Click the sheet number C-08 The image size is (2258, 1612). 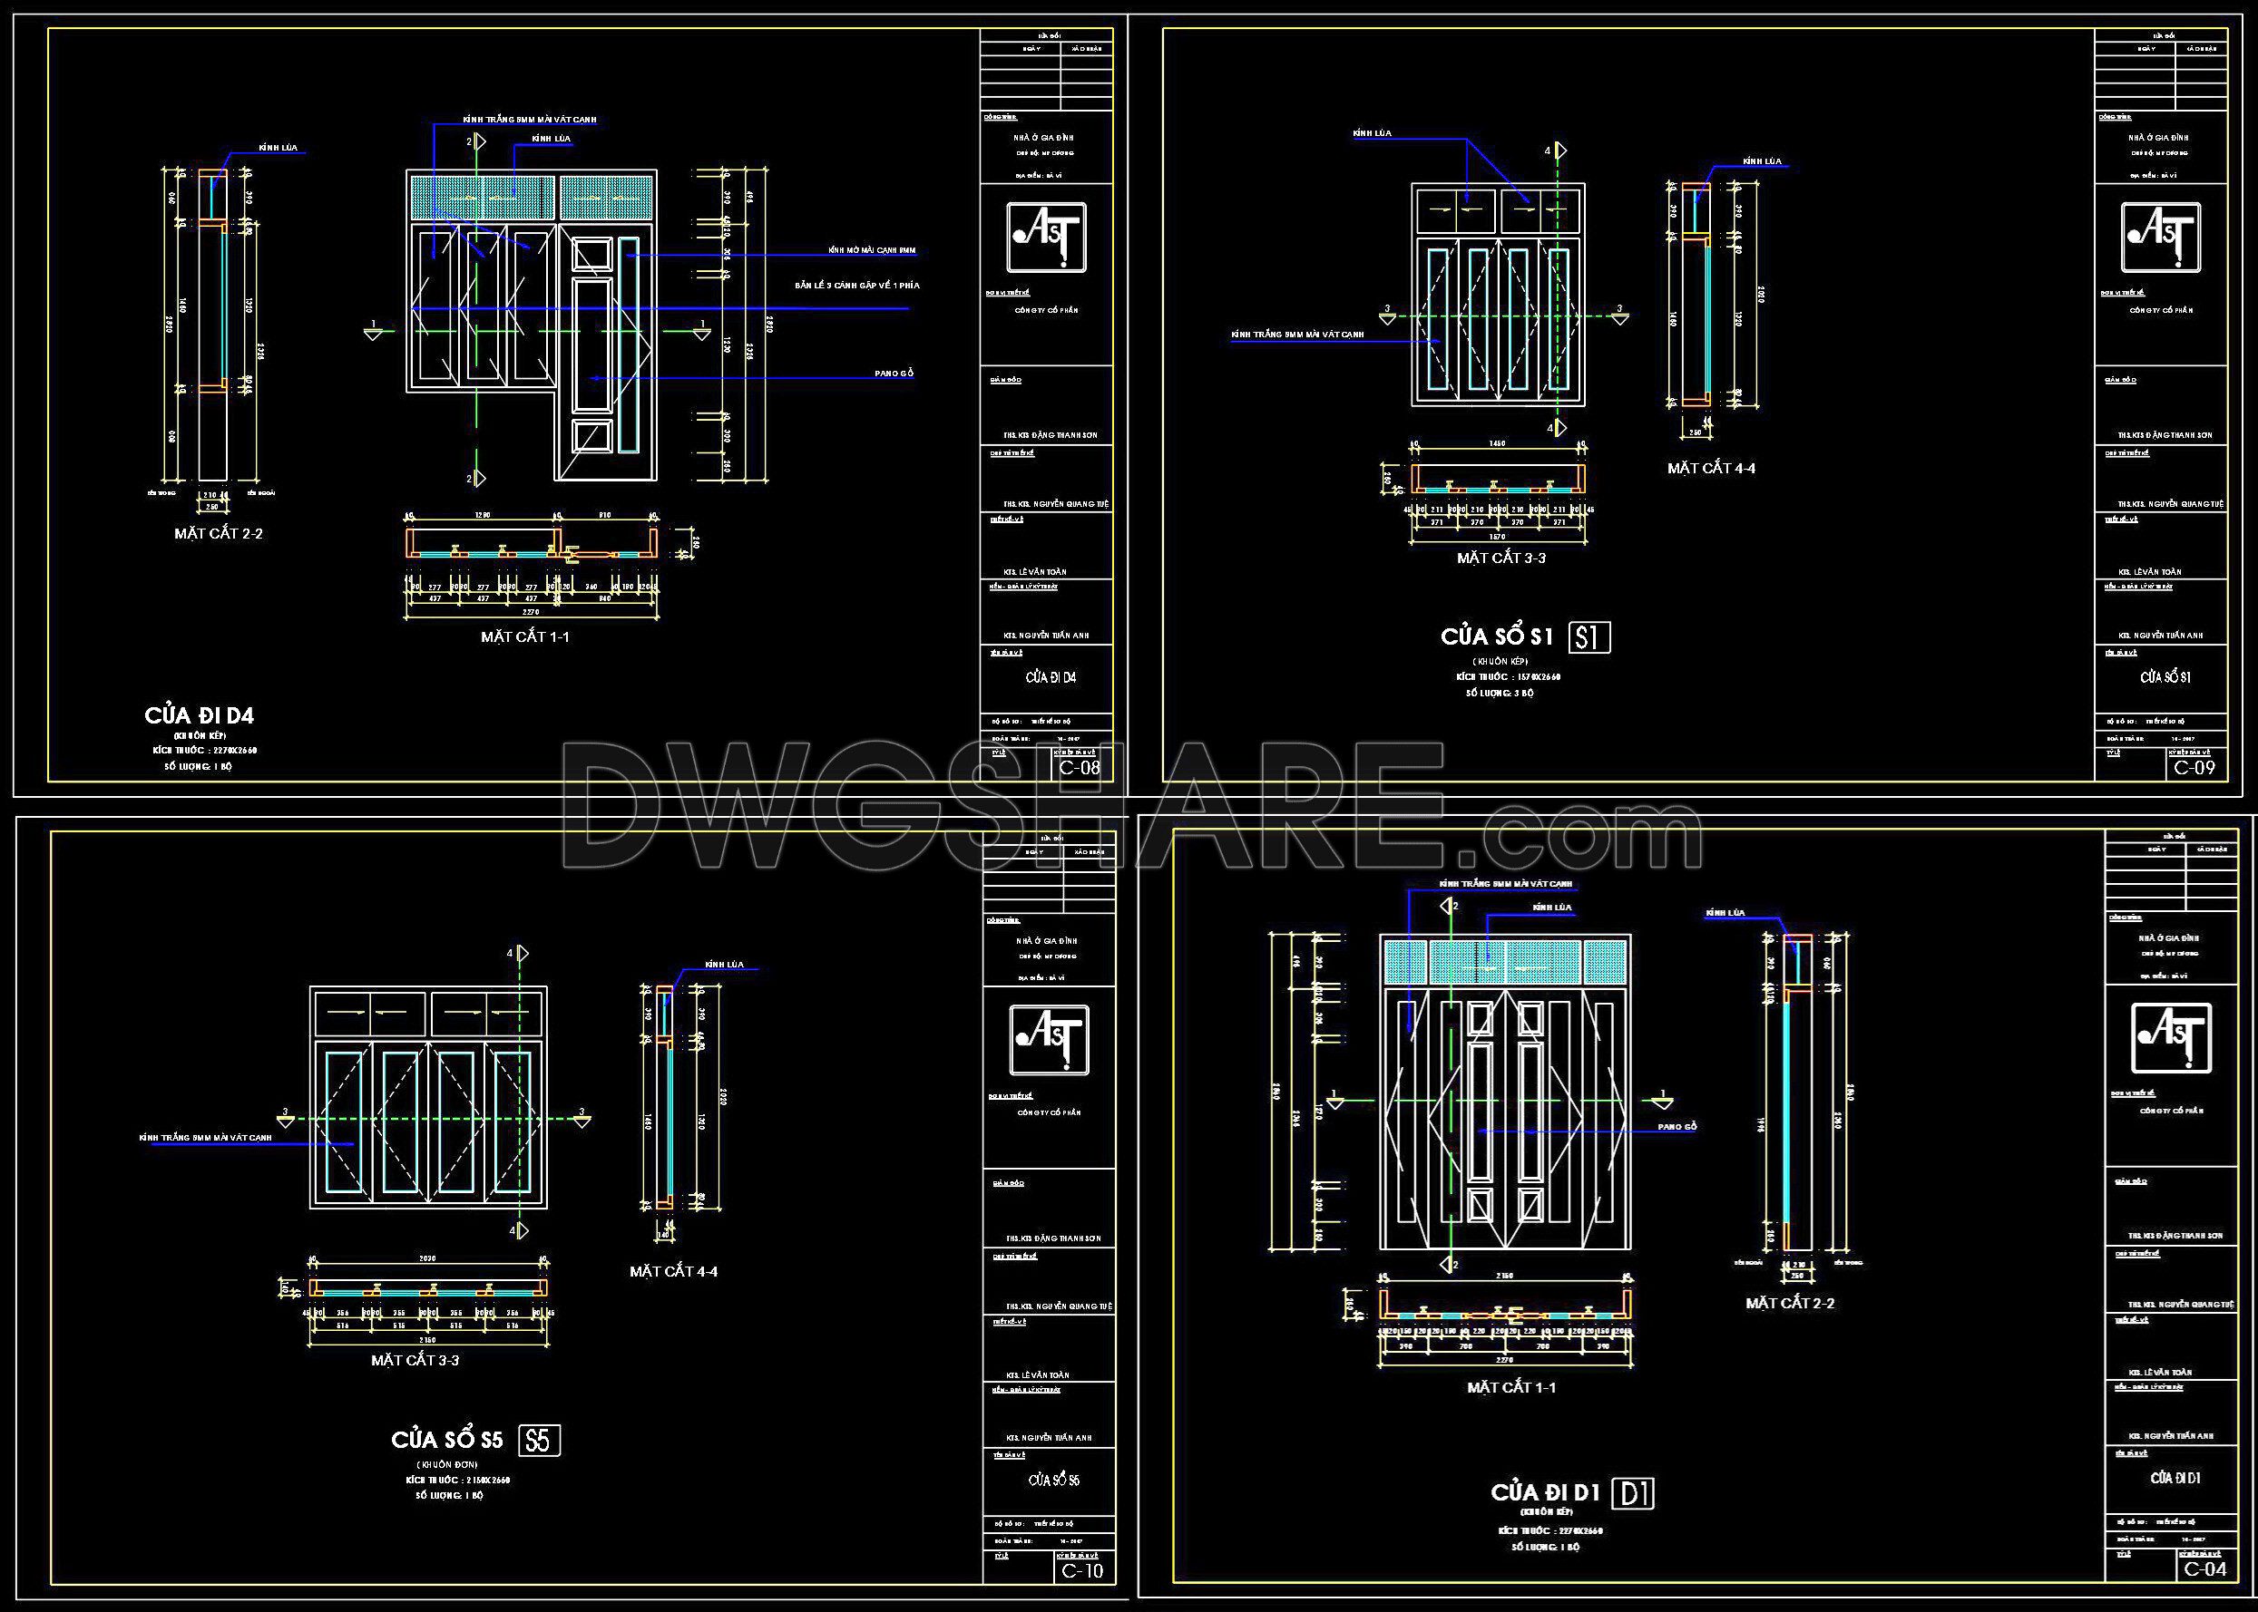click(x=1080, y=767)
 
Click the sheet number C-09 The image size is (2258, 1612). click(x=2194, y=767)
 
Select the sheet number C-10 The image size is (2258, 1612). click(x=1081, y=1570)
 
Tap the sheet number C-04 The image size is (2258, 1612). click(x=2205, y=1569)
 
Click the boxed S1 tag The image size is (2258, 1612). click(x=1588, y=637)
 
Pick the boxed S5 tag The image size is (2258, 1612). click(x=538, y=1441)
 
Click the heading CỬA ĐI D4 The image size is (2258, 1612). click(x=199, y=715)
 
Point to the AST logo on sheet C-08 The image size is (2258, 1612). click(x=1047, y=238)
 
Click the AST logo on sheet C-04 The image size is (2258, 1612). click(x=2171, y=1038)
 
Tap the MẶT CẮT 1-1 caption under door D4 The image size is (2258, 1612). click(x=525, y=637)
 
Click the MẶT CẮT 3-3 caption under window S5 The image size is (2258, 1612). click(x=415, y=1360)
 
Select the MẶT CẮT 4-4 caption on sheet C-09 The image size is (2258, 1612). click(x=1711, y=469)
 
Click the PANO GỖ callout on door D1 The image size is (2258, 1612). click(x=1677, y=1127)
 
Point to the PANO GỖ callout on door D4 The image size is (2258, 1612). click(x=894, y=374)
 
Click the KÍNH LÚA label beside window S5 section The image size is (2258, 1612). click(x=724, y=965)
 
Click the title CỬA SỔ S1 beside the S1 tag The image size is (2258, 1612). click(x=1496, y=636)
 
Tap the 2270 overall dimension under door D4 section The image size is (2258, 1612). click(x=533, y=613)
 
